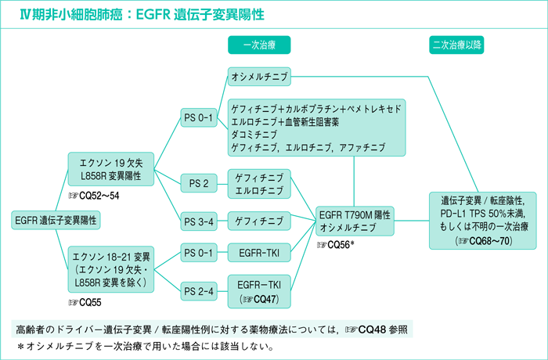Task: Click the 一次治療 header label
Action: pyautogui.click(x=259, y=45)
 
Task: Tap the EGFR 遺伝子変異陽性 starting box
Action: pyautogui.click(x=56, y=221)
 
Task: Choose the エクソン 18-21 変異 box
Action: pyautogui.click(x=112, y=268)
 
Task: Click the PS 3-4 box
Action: pyautogui.click(x=198, y=221)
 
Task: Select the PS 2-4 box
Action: pyautogui.click(x=198, y=290)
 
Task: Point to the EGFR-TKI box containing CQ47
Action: pyautogui.click(x=259, y=290)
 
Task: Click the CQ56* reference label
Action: pyautogui.click(x=337, y=245)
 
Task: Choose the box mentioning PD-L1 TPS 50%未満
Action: pyautogui.click(x=482, y=220)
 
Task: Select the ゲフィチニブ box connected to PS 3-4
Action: pyautogui.click(x=259, y=221)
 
